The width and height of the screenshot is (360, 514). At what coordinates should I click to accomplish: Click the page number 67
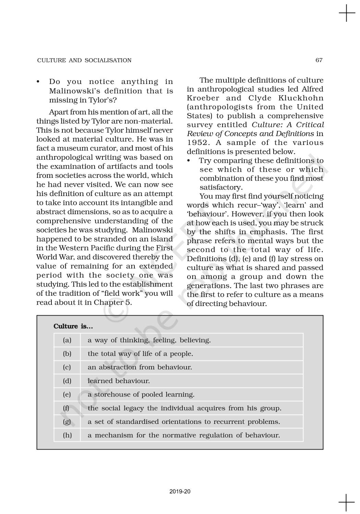[x=319, y=60]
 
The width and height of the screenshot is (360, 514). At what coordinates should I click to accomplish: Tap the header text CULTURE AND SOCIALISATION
[x=84, y=60]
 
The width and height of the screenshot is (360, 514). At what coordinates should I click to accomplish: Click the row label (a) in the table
[x=67, y=340]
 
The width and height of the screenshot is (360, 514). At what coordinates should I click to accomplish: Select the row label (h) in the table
[x=67, y=435]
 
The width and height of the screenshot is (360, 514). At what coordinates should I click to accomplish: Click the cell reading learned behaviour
[x=119, y=381]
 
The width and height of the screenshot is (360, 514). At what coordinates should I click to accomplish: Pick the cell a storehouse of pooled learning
[x=141, y=394]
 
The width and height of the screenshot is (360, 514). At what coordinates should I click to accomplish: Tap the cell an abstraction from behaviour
[x=140, y=367]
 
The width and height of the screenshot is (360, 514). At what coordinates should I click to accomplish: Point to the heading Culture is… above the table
[x=73, y=326]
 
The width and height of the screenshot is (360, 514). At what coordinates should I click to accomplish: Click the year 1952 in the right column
[x=197, y=143]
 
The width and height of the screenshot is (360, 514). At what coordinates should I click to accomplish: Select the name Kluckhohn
[x=303, y=98]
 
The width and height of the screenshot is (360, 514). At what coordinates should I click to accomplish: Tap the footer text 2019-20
[x=180, y=492]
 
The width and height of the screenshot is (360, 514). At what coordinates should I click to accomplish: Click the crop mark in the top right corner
[x=347, y=13]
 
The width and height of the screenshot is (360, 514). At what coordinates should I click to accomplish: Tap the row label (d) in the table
[x=67, y=381]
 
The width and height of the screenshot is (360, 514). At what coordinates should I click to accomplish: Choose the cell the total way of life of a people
[x=140, y=354]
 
